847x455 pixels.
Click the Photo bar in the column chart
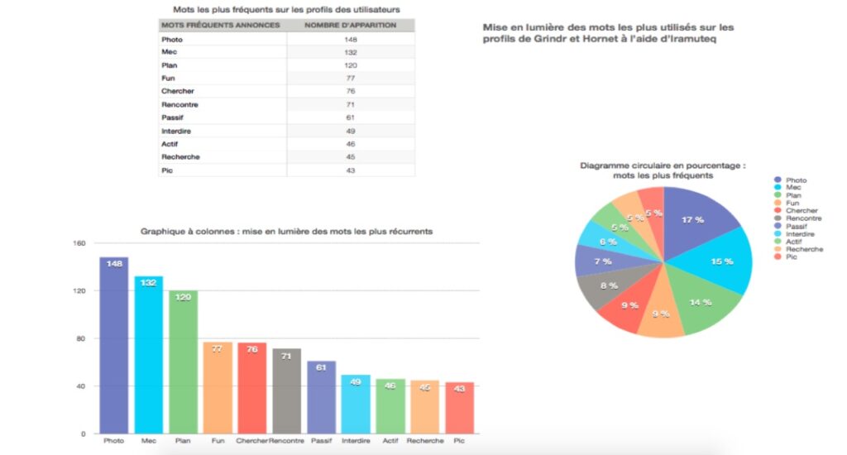pyautogui.click(x=114, y=345)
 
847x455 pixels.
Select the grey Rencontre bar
pyautogui.click(x=286, y=391)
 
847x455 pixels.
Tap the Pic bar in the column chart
pyautogui.click(x=460, y=408)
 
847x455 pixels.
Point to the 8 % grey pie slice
pyautogui.click(x=608, y=286)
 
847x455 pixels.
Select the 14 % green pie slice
pyautogui.click(x=702, y=303)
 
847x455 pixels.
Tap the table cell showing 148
pyautogui.click(x=351, y=40)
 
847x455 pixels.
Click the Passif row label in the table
pyautogui.click(x=172, y=117)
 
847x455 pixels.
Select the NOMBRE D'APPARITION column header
pyautogui.click(x=350, y=25)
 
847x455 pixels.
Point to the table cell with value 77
pyautogui.click(x=351, y=79)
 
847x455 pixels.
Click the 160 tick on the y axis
pyautogui.click(x=79, y=243)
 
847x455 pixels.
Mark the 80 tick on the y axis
pyautogui.click(x=81, y=339)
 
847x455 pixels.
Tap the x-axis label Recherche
pyautogui.click(x=425, y=441)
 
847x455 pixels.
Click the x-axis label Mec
pyautogui.click(x=149, y=441)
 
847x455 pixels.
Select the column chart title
pyautogui.click(x=286, y=232)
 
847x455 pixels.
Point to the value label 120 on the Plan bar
pyautogui.click(x=183, y=297)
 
